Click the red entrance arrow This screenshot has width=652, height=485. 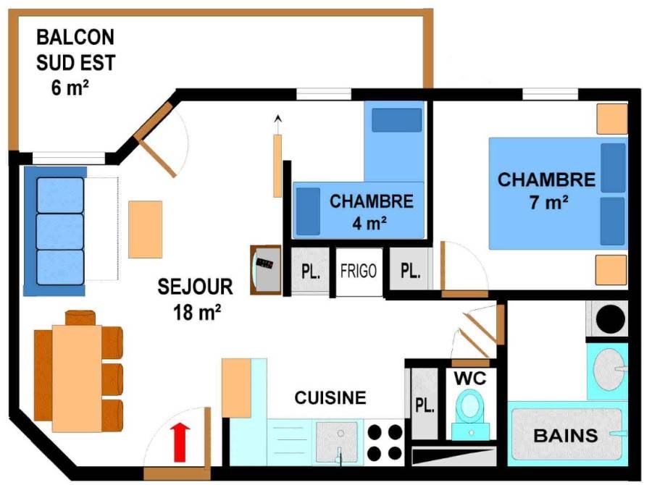coord(180,442)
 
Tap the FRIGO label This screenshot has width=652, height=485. coord(359,271)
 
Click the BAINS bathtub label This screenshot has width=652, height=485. coord(566,436)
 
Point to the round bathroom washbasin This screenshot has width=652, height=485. coord(609,369)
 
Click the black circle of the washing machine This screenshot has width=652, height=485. coord(611,319)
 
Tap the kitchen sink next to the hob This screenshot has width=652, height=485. coord(337,442)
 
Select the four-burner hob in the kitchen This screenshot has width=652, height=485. coord(385,442)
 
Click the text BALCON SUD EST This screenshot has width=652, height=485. coord(75,50)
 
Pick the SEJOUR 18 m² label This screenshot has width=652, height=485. coord(196,299)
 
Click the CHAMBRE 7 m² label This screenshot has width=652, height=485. coord(547,190)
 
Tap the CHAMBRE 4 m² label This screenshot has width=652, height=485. coord(372,212)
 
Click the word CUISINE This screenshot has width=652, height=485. coord(330,397)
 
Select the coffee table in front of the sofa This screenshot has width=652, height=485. coord(145,229)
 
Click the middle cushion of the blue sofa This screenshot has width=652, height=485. coord(60,232)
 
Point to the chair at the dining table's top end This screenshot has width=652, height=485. coord(80,318)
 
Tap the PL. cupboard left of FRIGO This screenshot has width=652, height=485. coord(310,271)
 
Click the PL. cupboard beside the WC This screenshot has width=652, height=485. coord(425,404)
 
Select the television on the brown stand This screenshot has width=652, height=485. coord(266,270)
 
